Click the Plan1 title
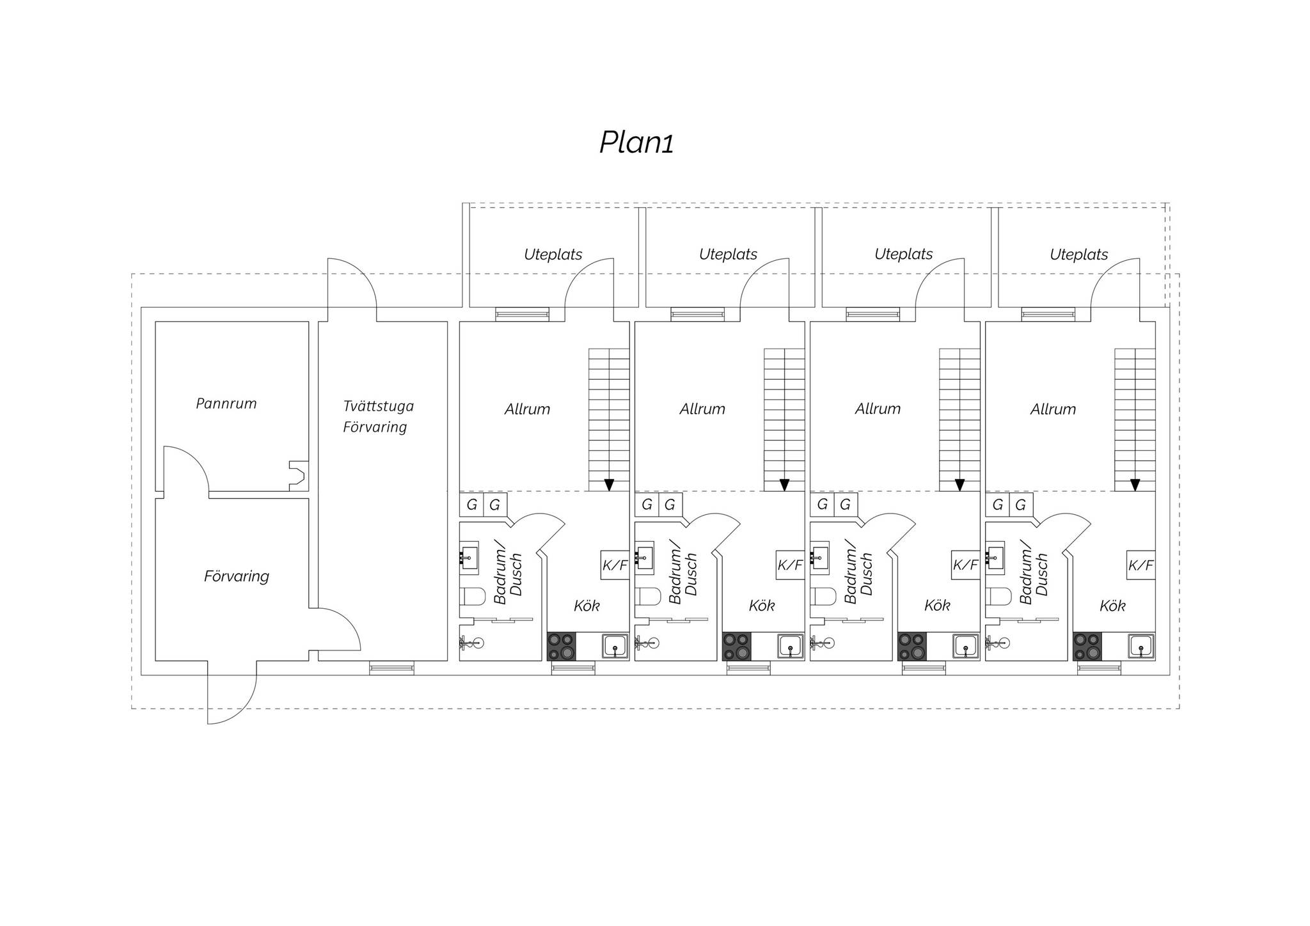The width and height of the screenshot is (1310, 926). pos(636,143)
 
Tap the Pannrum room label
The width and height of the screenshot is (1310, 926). pos(226,404)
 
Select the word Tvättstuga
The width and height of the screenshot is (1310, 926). pos(378,406)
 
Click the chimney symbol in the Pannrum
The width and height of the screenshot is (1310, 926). pos(297,476)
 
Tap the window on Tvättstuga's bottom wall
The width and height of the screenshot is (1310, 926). pos(391,668)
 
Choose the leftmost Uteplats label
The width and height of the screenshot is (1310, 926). pos(553,255)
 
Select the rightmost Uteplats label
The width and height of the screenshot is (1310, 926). pos(1079,255)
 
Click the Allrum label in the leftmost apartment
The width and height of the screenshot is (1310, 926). pos(527,409)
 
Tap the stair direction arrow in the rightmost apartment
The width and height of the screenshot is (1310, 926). pos(1135,485)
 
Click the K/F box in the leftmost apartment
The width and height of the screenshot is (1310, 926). pos(615,565)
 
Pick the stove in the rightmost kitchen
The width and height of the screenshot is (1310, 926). pos(1087,646)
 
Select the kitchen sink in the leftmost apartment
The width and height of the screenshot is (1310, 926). pos(615,646)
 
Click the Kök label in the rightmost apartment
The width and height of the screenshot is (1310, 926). pos(1112,606)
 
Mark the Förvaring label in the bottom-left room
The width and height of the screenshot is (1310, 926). pos(237,576)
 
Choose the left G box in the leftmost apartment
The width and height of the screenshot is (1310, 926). pos(472,505)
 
